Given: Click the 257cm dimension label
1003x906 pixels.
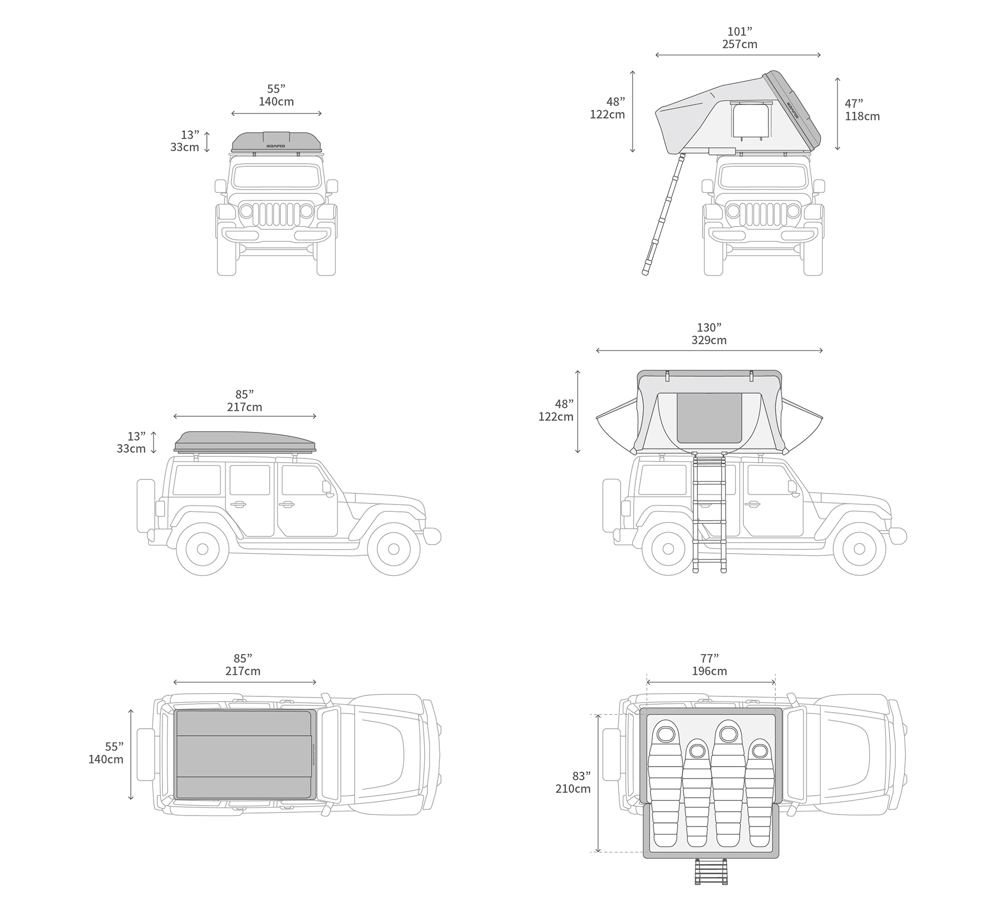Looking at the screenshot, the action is (740, 44).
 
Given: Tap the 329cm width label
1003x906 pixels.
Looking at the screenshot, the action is (709, 340).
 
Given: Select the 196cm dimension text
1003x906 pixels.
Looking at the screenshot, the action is (709, 671).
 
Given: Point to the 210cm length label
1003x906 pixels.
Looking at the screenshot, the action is (573, 789).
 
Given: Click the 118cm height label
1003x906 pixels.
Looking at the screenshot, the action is (862, 116).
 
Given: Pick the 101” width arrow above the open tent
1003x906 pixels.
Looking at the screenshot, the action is (738, 55).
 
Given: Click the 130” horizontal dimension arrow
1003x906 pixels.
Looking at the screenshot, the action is (709, 350).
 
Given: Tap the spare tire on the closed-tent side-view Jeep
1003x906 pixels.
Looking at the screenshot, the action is (146, 506).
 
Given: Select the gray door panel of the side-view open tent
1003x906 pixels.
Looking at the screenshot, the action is (709, 418).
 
